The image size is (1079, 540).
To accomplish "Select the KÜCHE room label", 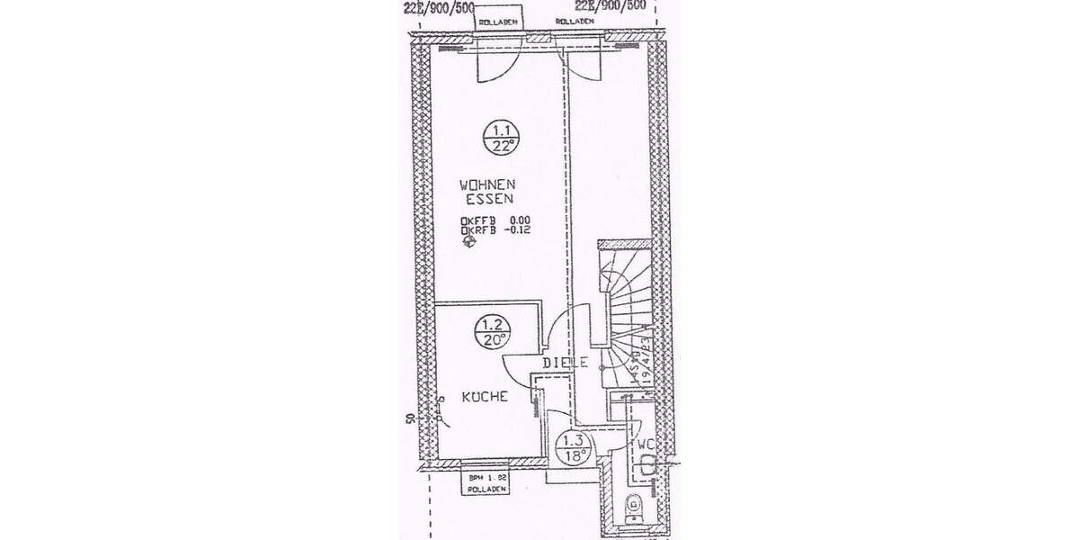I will click(486, 396).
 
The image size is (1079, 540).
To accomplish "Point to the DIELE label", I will click(566, 364).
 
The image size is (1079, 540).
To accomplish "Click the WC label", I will click(646, 445).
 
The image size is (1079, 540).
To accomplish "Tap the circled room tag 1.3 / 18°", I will click(574, 448).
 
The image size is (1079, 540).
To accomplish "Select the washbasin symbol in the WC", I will click(649, 463).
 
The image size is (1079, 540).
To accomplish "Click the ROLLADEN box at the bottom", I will click(486, 482).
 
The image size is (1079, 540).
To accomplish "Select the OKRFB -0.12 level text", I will click(494, 230).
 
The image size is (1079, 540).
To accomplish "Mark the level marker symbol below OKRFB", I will click(467, 245).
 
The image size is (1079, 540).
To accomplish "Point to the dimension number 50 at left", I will click(407, 420).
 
